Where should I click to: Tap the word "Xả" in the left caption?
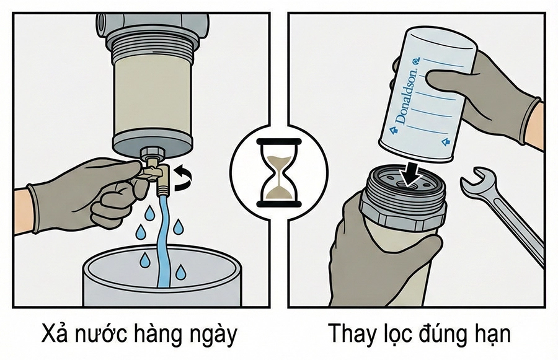tap(55, 335)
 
